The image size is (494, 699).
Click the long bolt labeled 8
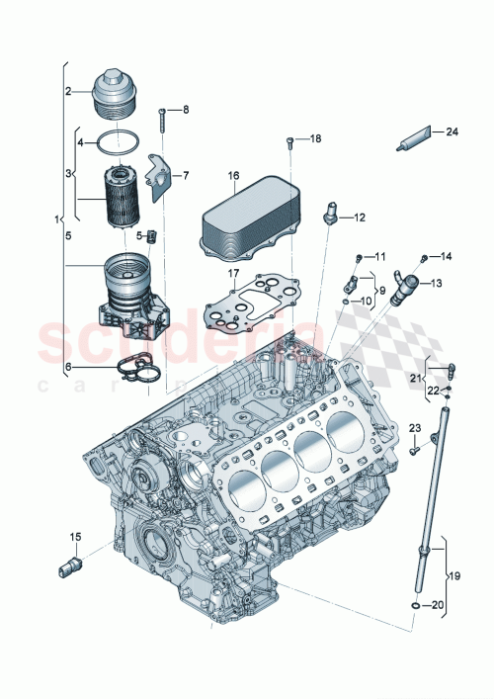tap(161, 120)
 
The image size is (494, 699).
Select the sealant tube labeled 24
tap(414, 139)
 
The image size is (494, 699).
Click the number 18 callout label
tap(316, 139)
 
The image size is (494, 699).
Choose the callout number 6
tap(68, 366)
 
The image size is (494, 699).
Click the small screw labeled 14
tap(425, 259)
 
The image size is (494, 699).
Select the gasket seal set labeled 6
tap(135, 368)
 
